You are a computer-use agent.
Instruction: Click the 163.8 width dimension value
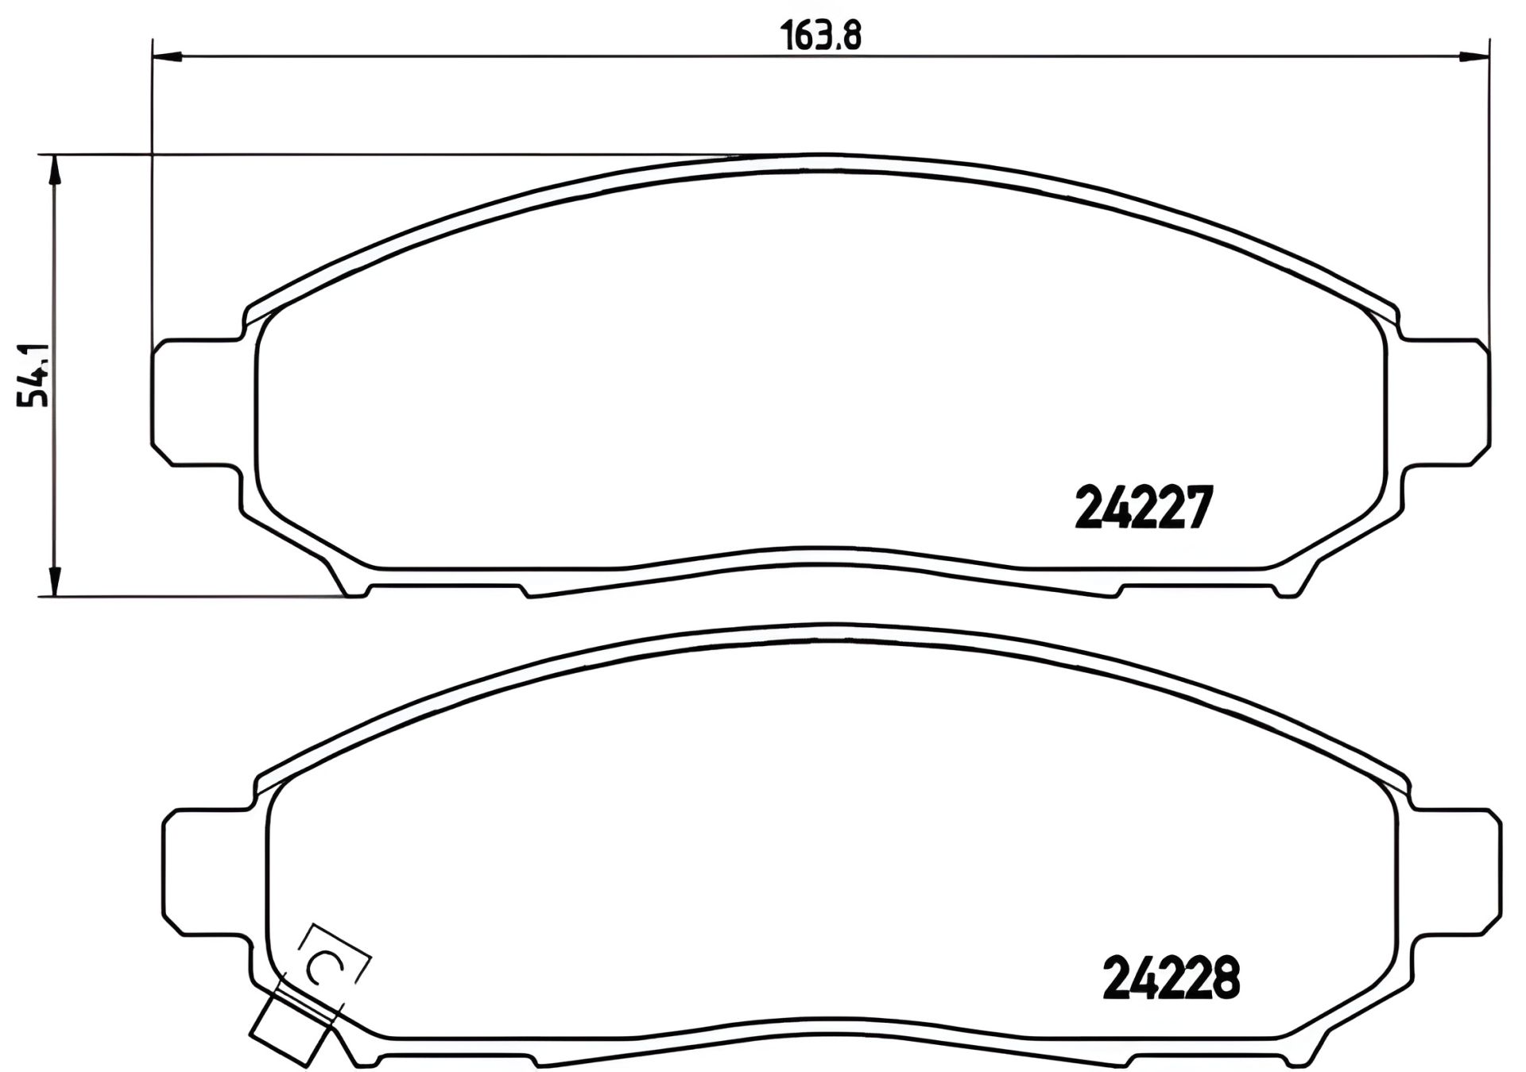click(x=822, y=35)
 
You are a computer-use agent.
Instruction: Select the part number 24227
click(x=1144, y=508)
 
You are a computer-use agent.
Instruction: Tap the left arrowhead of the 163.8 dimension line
click(x=167, y=56)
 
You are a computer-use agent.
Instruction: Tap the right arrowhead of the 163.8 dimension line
click(x=1474, y=56)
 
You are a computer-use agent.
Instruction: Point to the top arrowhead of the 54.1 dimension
click(x=54, y=170)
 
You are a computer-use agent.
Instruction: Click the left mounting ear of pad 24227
click(x=195, y=403)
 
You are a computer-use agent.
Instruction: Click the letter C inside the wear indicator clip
click(x=325, y=967)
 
